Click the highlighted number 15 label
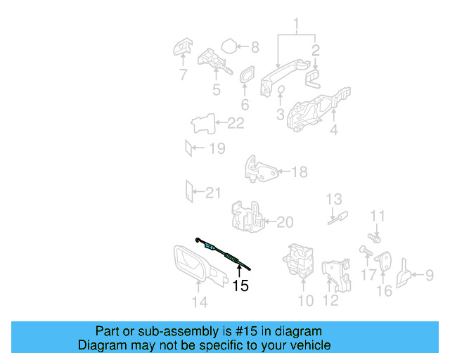click(x=240, y=286)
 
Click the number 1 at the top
click(x=296, y=26)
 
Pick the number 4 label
click(x=334, y=129)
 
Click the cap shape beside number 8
click(x=229, y=48)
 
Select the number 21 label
click(x=212, y=193)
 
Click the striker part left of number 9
click(x=406, y=274)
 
